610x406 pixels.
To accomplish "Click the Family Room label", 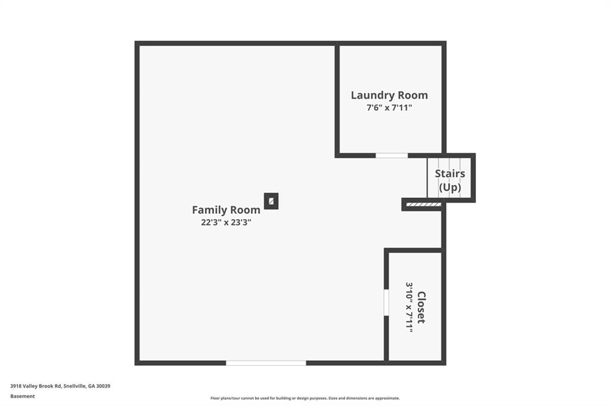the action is pos(226,210).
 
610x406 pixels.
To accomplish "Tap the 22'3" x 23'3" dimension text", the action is pos(226,223).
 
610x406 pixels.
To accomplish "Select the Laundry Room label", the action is pos(390,95).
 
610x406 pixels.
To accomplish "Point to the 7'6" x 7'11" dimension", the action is pos(389,108).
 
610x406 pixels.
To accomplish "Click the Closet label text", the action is pos(421,307).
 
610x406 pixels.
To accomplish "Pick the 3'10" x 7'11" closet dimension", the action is pos(409,307).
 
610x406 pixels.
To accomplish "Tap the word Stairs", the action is pos(450,173).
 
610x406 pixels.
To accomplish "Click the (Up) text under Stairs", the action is pos(450,188).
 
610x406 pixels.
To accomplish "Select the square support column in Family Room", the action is pos(271,201).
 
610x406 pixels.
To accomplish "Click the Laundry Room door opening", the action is pos(392,155).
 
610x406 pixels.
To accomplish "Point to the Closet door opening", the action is pos(386,302).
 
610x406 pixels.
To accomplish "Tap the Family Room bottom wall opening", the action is pos(266,363).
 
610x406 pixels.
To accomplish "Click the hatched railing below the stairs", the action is pos(424,205).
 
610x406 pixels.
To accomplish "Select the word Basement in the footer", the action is pos(23,396).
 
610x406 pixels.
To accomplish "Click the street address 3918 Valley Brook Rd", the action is pos(36,386).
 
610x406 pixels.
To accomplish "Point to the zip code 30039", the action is pos(104,386).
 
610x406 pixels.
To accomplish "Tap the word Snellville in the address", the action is pos(75,386).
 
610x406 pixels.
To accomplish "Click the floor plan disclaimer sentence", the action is pos(305,398).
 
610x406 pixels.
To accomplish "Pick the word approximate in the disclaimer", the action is pos(386,398).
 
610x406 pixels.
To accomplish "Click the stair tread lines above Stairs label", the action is pos(449,163).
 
